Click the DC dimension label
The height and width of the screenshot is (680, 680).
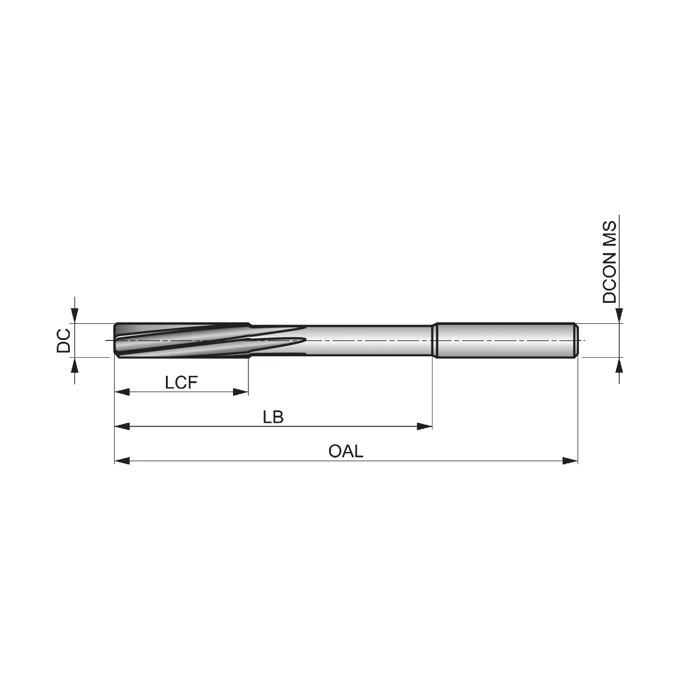63,340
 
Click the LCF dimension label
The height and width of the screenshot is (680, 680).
181,383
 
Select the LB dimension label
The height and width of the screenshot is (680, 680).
273,417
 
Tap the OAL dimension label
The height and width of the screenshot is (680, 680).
346,452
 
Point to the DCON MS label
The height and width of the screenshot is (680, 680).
610,262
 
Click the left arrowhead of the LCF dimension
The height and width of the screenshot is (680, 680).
122,392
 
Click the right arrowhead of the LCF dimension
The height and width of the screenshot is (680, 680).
241,392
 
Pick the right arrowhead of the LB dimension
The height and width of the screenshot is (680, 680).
424,426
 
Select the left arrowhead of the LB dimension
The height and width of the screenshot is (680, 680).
122,426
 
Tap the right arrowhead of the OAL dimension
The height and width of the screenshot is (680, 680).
570,461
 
